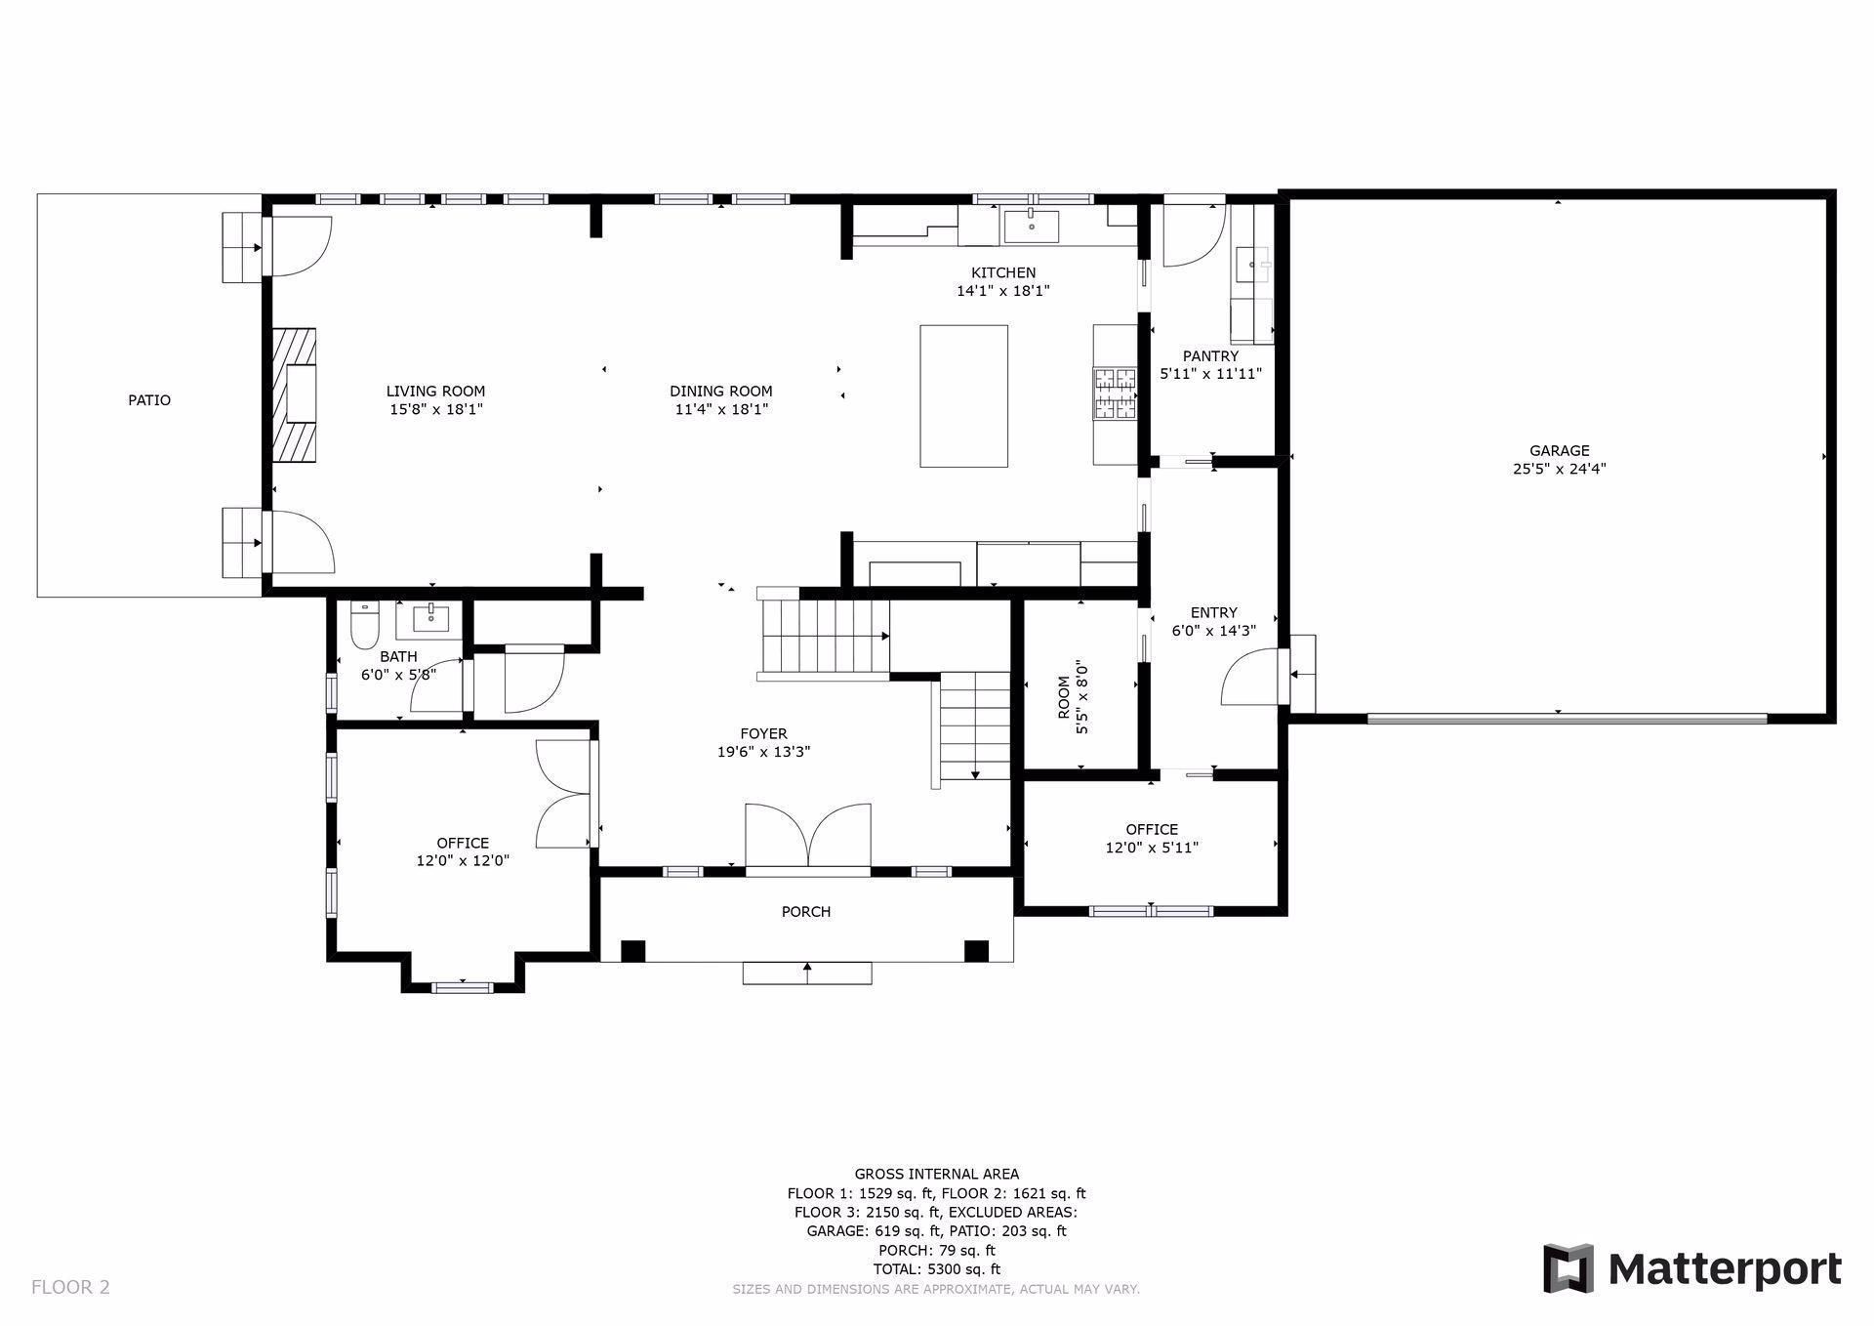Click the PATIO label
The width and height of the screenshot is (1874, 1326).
coord(149,400)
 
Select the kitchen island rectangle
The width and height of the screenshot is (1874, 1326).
coord(963,395)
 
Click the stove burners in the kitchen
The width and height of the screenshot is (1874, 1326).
coord(1115,393)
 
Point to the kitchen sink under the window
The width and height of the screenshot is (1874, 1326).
coord(1032,226)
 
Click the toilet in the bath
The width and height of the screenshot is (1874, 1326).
coord(364,626)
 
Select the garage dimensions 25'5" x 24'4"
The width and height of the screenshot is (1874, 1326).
coord(1559,469)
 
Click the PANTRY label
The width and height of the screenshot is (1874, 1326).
coord(1209,356)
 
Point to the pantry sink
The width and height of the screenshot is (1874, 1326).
coord(1251,264)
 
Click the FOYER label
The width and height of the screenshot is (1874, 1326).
coord(763,734)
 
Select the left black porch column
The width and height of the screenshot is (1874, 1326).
coord(633,951)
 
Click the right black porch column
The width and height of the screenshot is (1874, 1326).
coord(976,951)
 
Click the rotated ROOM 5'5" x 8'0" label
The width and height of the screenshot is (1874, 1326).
coord(1072,698)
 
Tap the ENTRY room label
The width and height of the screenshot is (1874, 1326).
coord(1213,613)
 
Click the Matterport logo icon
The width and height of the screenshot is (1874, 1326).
coord(1568,1268)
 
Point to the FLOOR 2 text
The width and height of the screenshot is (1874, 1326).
coord(70,1287)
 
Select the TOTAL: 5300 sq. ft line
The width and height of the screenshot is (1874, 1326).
coord(936,1269)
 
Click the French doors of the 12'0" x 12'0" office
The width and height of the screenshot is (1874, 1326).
coord(564,793)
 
